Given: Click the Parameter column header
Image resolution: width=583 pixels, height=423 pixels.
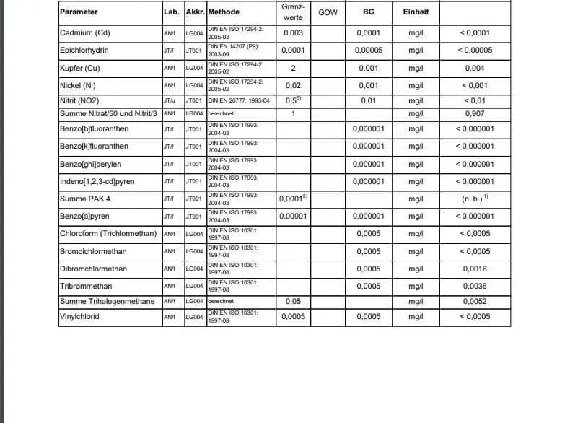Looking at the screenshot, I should click(79, 12).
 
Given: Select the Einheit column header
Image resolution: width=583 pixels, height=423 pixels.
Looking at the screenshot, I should click(416, 12).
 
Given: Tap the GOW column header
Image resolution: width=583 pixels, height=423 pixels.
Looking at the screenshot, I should click(328, 12).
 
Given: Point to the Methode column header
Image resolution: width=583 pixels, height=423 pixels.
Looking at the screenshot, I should click(224, 12).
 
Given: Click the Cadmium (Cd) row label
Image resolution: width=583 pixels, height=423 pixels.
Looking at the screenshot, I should click(84, 33).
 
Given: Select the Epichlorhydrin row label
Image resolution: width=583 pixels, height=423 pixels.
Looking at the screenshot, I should click(84, 51).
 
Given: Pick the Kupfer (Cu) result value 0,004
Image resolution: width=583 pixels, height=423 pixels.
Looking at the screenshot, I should click(474, 69).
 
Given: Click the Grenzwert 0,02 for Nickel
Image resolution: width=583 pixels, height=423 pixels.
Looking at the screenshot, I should click(293, 86).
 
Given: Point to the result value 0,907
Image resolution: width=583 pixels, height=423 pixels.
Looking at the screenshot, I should click(474, 114).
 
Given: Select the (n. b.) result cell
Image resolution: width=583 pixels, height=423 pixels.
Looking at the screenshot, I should click(475, 199).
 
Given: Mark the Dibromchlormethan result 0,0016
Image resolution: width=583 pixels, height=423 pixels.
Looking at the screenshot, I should click(475, 269).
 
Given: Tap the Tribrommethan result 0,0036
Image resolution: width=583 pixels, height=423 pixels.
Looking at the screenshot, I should click(475, 287).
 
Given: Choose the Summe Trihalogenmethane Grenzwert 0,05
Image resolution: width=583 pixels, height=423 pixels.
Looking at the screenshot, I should click(293, 301).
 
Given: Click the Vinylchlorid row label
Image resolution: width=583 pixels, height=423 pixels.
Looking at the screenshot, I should click(79, 316).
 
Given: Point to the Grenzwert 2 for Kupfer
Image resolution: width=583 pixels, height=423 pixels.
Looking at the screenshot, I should click(293, 69).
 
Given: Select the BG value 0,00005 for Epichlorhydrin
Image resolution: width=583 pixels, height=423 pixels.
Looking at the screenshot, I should click(368, 51).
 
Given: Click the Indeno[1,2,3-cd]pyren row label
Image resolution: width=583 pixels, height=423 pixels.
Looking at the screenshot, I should click(95, 181).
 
